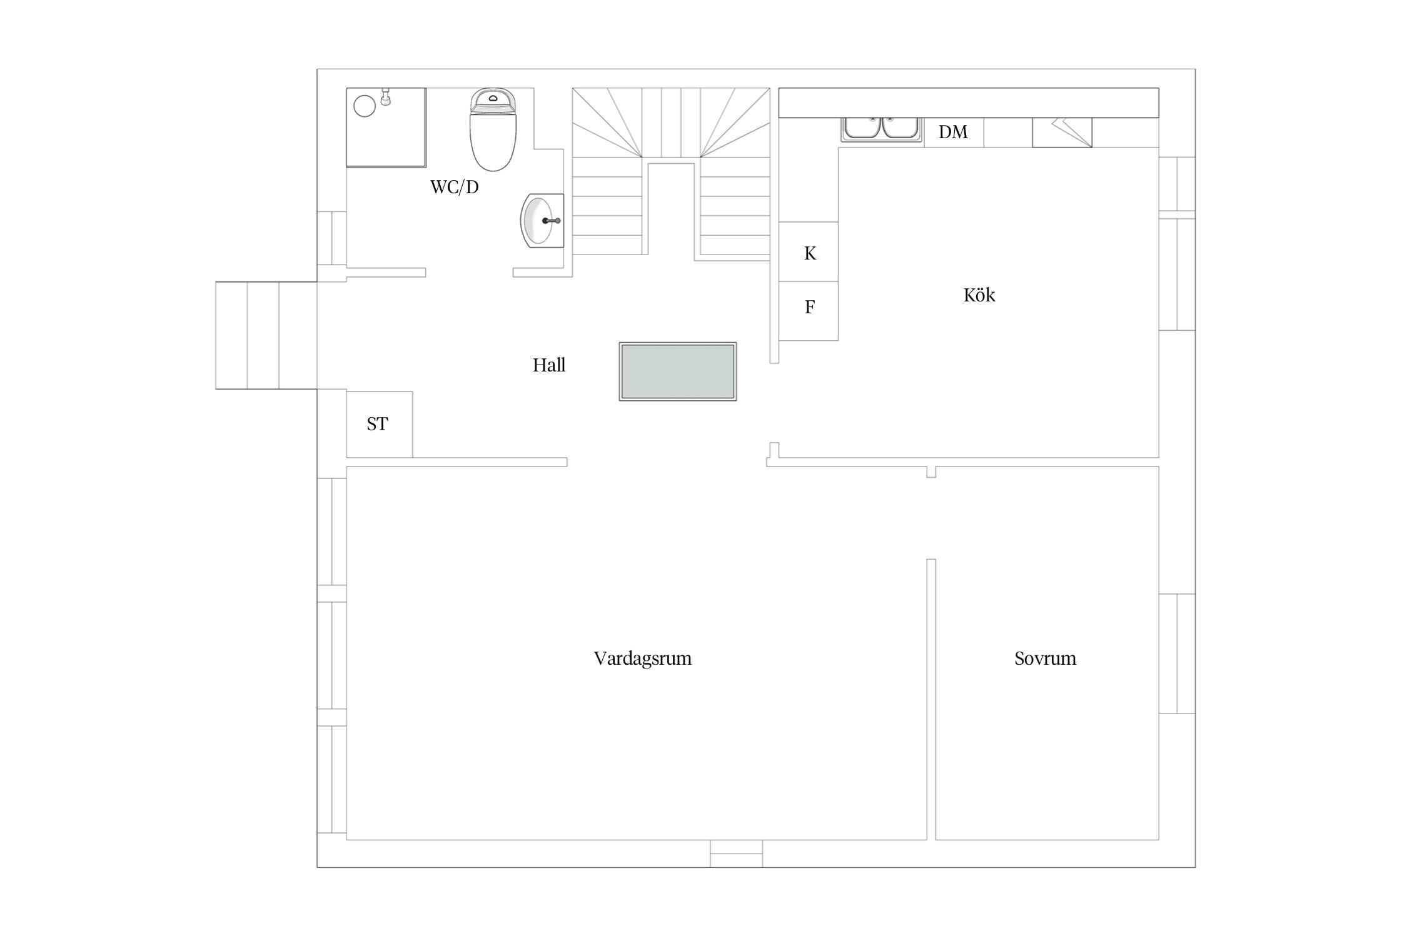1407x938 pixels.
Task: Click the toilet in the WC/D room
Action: [x=493, y=129]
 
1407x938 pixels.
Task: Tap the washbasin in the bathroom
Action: [x=542, y=220]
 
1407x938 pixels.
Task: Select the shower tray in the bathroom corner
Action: [x=386, y=128]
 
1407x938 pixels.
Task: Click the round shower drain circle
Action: [x=365, y=106]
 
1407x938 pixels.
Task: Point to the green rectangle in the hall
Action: [x=678, y=371]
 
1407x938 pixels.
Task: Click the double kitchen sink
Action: [x=881, y=129]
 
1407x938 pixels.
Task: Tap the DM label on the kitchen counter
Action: [x=953, y=132]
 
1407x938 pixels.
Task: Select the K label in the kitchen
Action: [x=810, y=253]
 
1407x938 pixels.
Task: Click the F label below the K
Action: [x=810, y=307]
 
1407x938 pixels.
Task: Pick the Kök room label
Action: [x=979, y=295]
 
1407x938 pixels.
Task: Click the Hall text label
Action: [x=549, y=365]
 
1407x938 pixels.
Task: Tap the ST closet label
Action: [x=377, y=424]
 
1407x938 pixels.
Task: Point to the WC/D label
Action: [x=455, y=187]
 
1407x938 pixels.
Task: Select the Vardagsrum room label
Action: [x=643, y=658]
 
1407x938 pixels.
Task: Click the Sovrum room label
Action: [x=1046, y=658]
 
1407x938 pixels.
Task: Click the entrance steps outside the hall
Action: [x=266, y=336]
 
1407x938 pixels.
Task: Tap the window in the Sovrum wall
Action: [x=1177, y=653]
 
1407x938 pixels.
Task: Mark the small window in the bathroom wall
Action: [x=331, y=238]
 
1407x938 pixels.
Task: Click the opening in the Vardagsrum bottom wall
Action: [x=736, y=854]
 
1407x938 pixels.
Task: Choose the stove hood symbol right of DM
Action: [x=1062, y=133]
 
